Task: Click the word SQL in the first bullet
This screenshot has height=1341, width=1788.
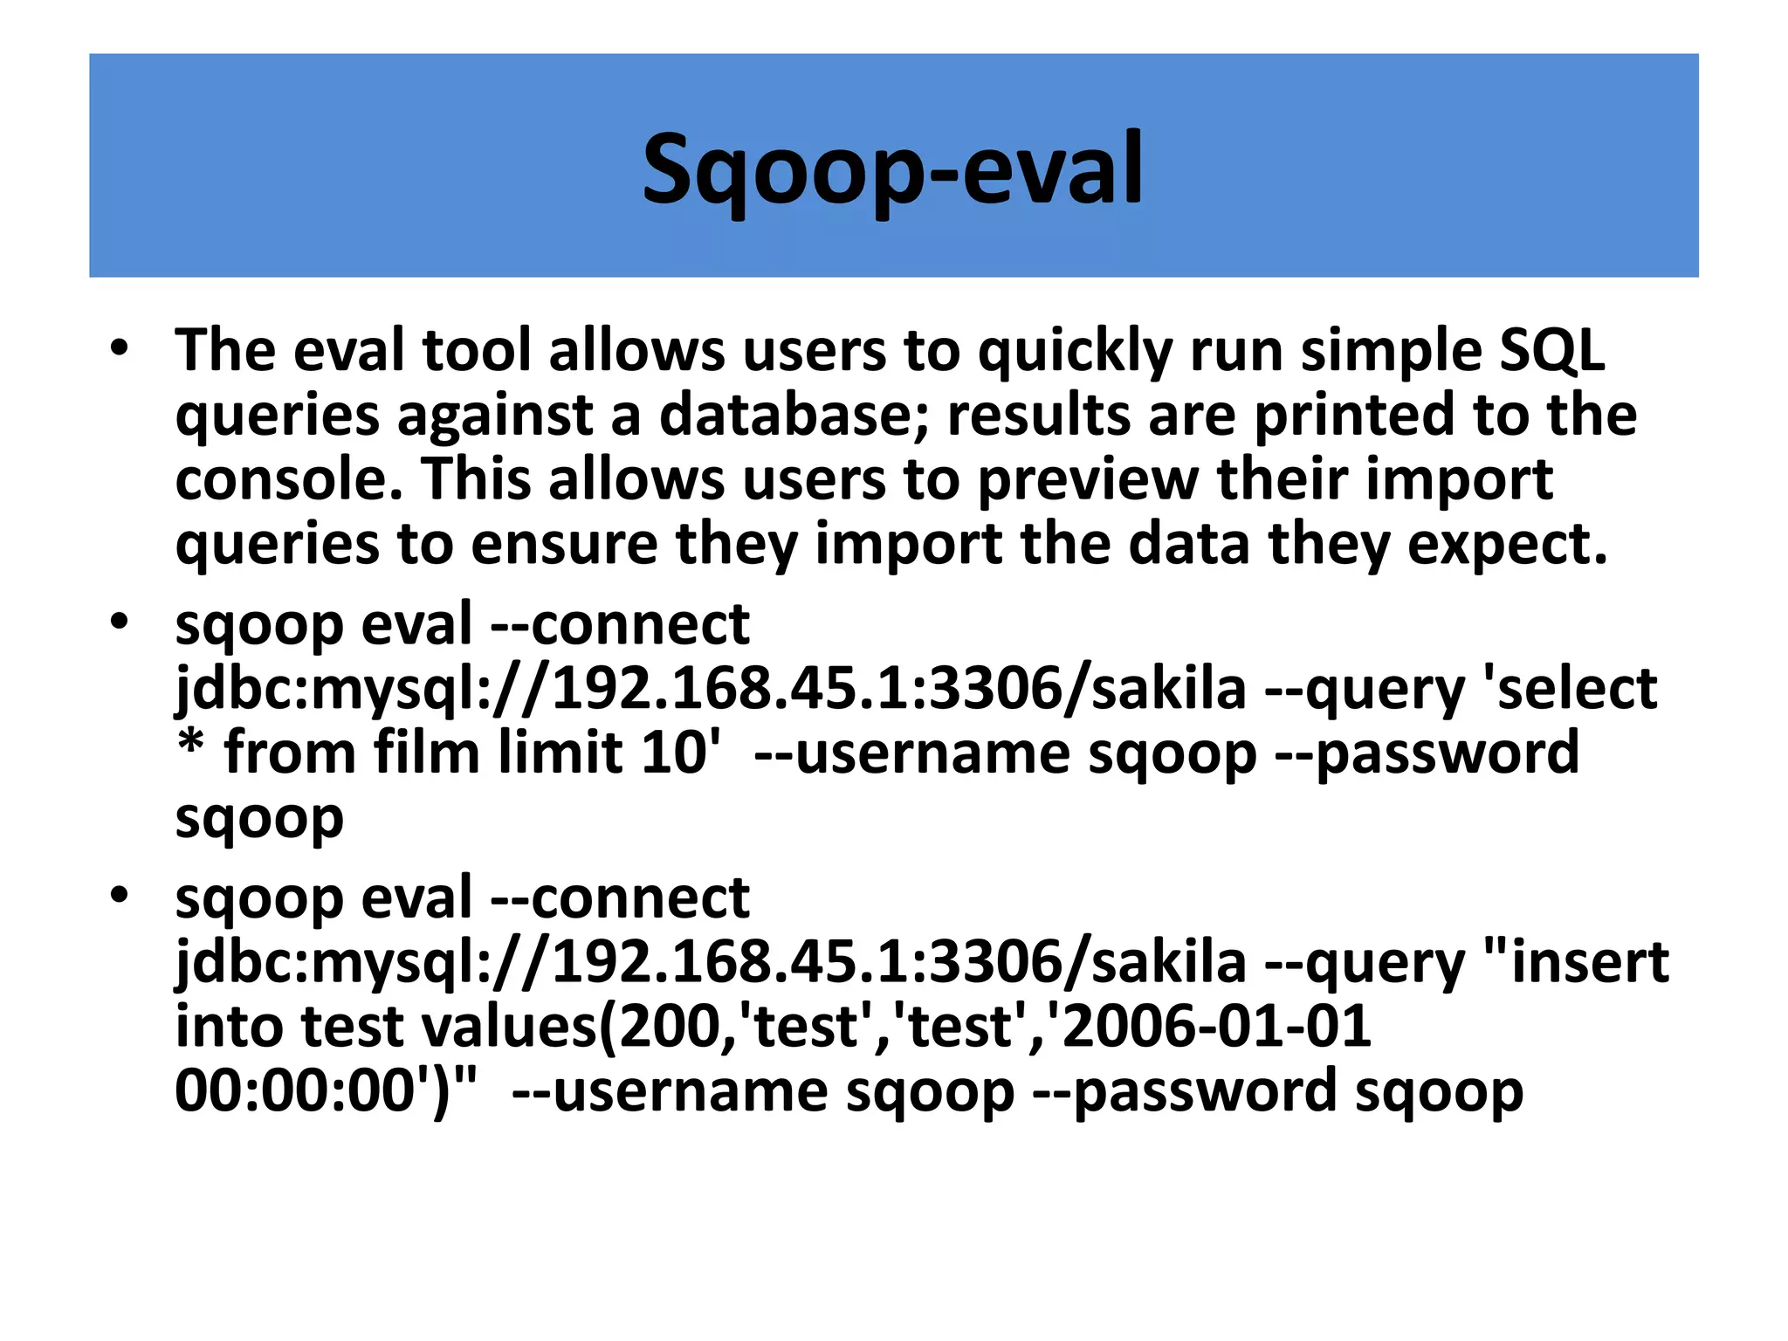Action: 1551,351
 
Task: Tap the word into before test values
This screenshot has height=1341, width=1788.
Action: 229,1027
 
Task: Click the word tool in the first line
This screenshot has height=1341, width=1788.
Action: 477,351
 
